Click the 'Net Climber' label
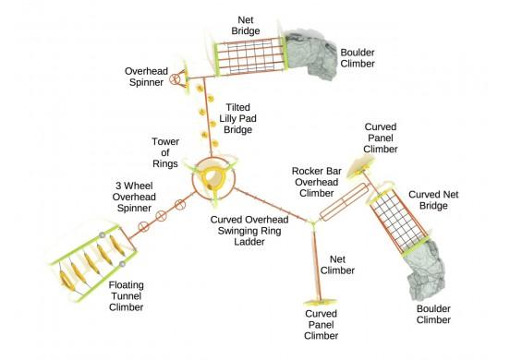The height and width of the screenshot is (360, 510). click(x=337, y=265)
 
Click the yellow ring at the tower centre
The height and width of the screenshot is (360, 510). click(x=212, y=175)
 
